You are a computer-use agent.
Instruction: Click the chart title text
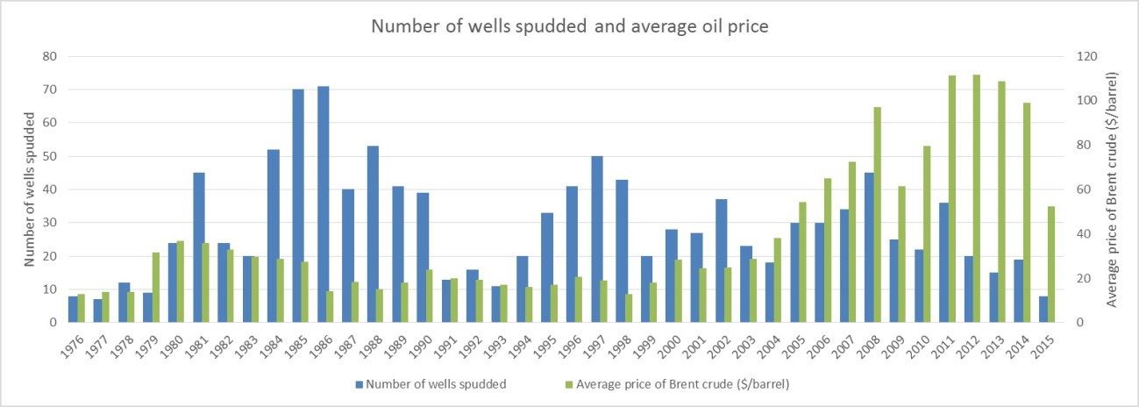(569, 25)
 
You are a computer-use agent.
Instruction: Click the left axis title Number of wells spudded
(28, 189)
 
